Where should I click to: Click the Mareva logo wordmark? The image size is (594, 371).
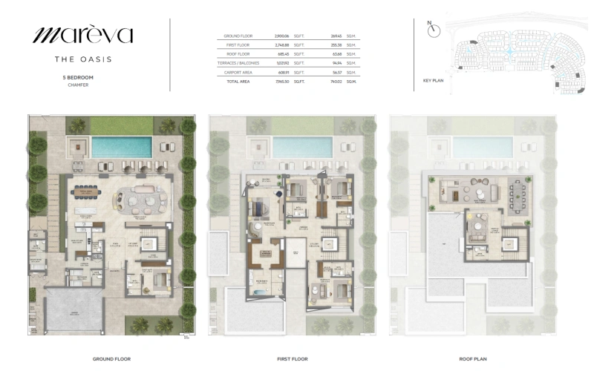82,34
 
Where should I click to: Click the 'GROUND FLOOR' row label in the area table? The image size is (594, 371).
238,36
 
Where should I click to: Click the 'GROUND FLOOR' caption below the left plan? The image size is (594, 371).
112,358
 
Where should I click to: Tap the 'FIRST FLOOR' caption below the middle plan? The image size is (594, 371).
293,358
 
